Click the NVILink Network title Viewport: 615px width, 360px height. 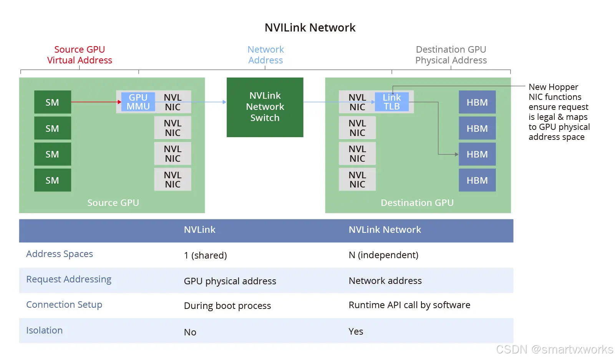(310, 28)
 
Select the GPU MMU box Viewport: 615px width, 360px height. (138, 102)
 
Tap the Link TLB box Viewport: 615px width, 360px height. (391, 102)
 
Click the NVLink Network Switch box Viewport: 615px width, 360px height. (265, 107)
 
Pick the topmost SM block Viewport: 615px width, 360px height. (53, 102)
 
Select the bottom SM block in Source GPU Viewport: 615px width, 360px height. (53, 180)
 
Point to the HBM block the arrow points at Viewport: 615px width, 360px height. (477, 154)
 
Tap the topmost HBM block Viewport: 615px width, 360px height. (477, 102)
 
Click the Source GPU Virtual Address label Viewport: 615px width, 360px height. (80, 55)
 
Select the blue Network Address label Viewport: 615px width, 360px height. (265, 55)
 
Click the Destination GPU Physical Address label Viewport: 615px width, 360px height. (451, 55)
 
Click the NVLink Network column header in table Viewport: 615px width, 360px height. (385, 230)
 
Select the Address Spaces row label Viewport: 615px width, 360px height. (60, 254)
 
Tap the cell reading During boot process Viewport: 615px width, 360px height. (227, 306)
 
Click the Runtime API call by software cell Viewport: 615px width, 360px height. (409, 305)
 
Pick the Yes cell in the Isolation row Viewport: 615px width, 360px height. (356, 332)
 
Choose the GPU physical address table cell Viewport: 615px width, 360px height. (230, 281)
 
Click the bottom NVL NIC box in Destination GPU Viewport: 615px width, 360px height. (357, 179)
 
